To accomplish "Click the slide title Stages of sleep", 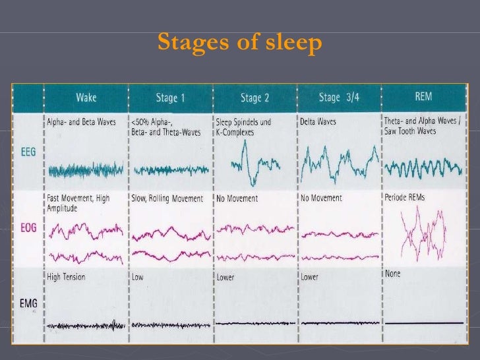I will pyautogui.click(x=240, y=44).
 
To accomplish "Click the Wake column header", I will pyautogui.click(x=85, y=98).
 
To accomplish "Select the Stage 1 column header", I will pyautogui.click(x=169, y=98).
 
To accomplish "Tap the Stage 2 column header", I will pyautogui.click(x=255, y=98).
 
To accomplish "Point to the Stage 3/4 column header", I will pyautogui.click(x=338, y=98).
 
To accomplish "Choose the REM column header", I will pyautogui.click(x=423, y=97).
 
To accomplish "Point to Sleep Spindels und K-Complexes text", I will pyautogui.click(x=243, y=127).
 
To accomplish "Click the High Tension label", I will pyautogui.click(x=66, y=277).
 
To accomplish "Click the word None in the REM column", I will pyautogui.click(x=394, y=273).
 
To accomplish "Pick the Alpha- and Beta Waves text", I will pyautogui.click(x=80, y=122).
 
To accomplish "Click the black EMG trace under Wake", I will pyautogui.click(x=85, y=325).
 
